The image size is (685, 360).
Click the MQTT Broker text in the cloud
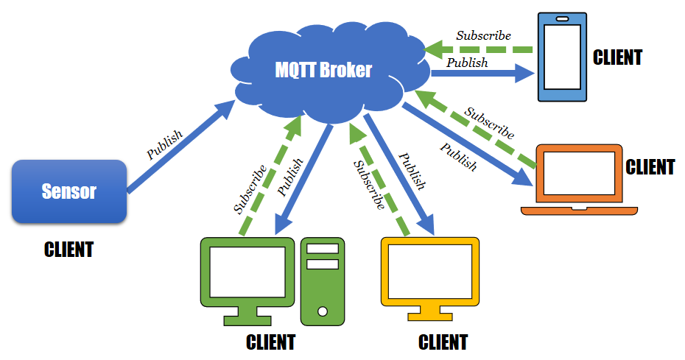click(x=323, y=70)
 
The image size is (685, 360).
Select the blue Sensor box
click(x=69, y=191)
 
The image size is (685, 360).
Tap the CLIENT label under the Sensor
click(x=68, y=250)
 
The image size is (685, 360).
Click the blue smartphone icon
click(x=561, y=56)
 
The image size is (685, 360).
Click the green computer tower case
click(x=322, y=280)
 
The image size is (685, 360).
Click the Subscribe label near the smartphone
click(x=483, y=35)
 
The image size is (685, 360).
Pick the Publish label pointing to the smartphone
click(x=468, y=63)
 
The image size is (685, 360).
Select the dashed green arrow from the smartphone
click(x=479, y=49)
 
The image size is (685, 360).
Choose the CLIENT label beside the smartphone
click(x=618, y=57)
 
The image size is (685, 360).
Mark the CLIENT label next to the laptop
click(x=650, y=167)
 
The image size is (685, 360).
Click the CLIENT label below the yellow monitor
click(x=443, y=342)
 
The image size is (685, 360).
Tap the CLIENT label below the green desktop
click(x=270, y=342)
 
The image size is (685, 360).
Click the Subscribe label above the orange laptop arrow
click(x=489, y=123)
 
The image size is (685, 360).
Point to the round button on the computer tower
click(x=322, y=311)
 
